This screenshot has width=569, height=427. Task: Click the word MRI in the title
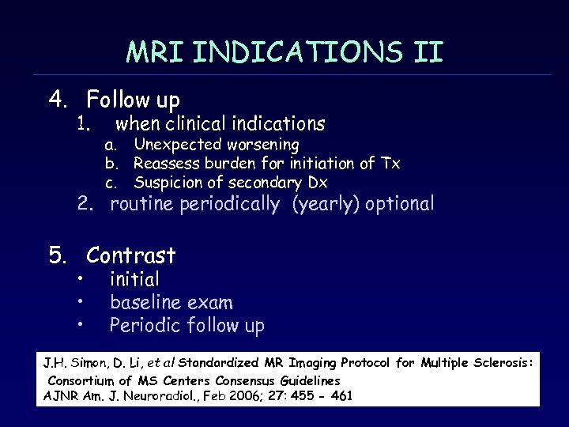pyautogui.click(x=154, y=52)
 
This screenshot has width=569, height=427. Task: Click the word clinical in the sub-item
pyautogui.click(x=199, y=123)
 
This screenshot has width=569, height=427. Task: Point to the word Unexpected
pyautogui.click(x=175, y=145)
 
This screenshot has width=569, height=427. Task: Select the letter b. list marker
pyautogui.click(x=111, y=164)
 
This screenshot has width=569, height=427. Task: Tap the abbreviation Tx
pyautogui.click(x=390, y=164)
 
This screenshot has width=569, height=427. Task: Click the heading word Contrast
pyautogui.click(x=131, y=255)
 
